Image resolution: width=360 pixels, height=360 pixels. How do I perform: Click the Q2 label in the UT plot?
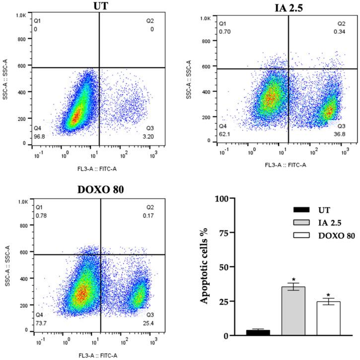click(150, 21)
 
